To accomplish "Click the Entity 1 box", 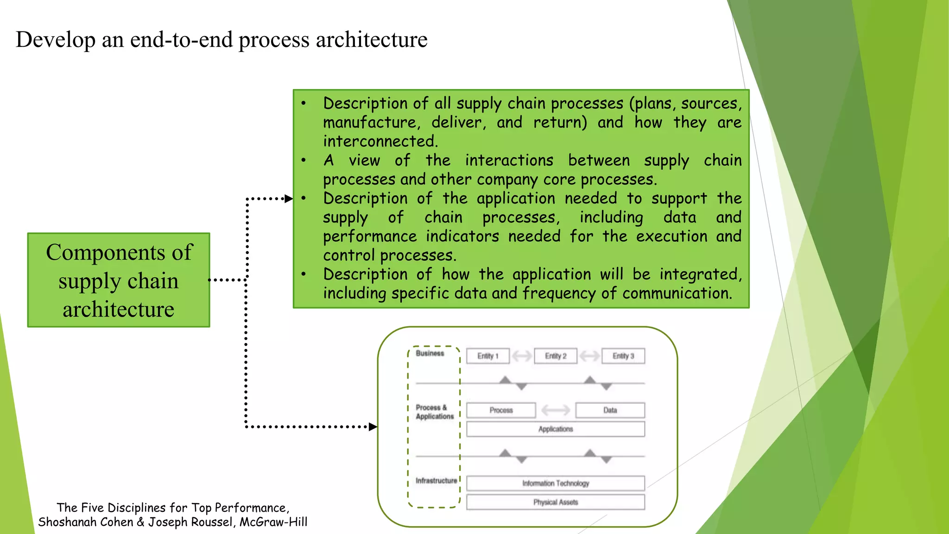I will (487, 356).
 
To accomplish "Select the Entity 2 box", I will (556, 356).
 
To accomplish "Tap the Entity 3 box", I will (623, 356).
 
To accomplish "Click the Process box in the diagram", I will (501, 410).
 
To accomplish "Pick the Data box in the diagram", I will (610, 410).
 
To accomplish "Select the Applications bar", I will (556, 429).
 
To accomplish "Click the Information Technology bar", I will (556, 483).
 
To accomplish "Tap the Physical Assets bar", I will (556, 502).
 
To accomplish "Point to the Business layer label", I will (430, 353).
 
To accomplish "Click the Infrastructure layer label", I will (436, 481).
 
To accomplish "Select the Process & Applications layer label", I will (434, 412).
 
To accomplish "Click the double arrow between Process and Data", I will (556, 410).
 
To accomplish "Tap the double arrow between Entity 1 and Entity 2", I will (522, 356).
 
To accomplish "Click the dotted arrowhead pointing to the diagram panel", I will (373, 426).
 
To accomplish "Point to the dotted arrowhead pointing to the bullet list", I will (288, 199).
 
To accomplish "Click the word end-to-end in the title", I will (181, 40).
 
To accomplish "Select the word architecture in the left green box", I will (119, 309).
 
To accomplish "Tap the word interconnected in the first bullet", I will (380, 141).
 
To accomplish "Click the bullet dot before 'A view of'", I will (304, 161).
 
